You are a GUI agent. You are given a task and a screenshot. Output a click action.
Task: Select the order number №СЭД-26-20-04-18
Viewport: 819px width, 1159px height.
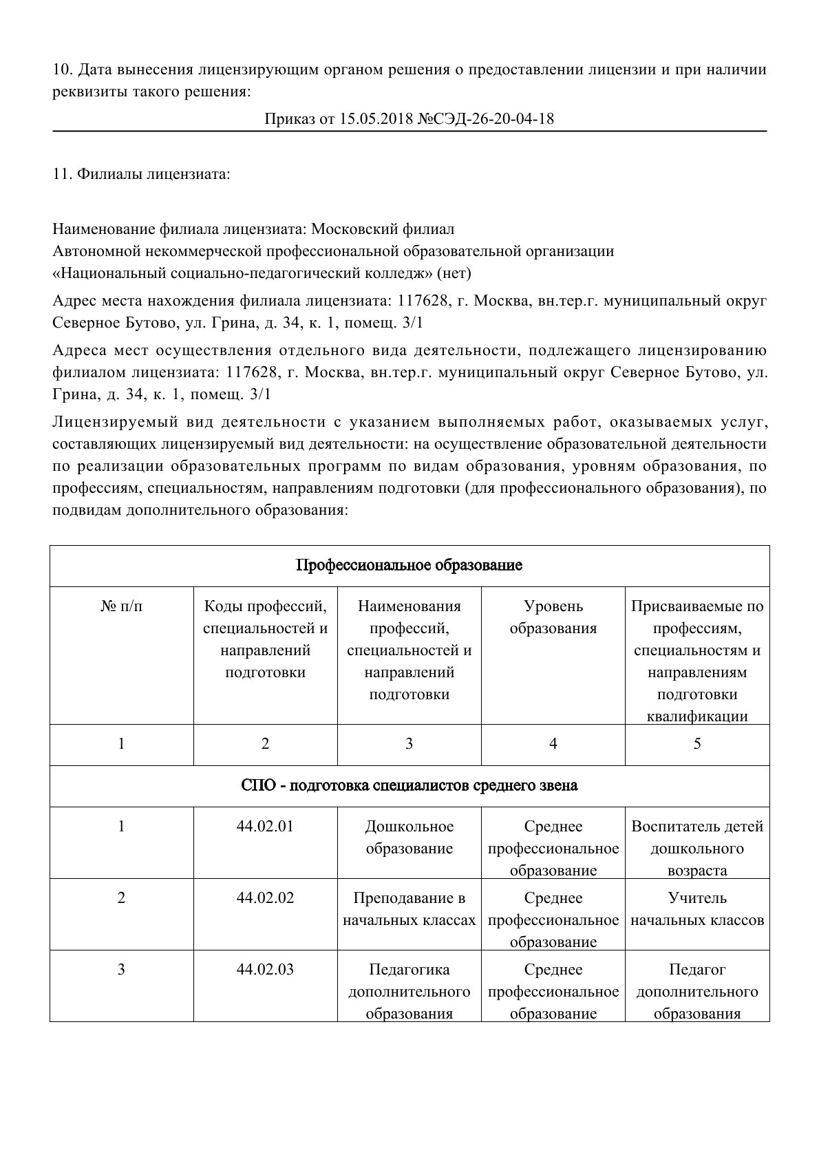pyautogui.click(x=485, y=119)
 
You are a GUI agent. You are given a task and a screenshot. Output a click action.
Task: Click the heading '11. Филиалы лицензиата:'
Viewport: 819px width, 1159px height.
pyautogui.click(x=141, y=174)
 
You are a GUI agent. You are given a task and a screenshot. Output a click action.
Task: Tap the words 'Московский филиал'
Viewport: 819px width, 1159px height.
pyautogui.click(x=383, y=228)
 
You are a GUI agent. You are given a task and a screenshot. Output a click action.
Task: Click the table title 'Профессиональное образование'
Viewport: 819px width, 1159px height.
pyautogui.click(x=409, y=566)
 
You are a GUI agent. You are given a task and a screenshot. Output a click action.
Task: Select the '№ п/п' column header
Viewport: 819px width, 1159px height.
pyautogui.click(x=122, y=606)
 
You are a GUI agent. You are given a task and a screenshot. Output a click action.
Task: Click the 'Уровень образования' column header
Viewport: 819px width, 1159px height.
pyautogui.click(x=553, y=617)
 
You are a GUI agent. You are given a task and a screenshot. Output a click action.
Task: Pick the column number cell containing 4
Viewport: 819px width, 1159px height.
pyautogui.click(x=553, y=744)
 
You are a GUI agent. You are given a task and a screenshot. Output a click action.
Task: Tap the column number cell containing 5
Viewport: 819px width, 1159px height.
pyautogui.click(x=697, y=744)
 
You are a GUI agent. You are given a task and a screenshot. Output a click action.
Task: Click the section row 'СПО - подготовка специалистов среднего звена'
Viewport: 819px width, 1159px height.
pyautogui.click(x=409, y=785)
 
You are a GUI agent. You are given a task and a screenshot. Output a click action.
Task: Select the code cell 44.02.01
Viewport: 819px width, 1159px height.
pyautogui.click(x=265, y=827)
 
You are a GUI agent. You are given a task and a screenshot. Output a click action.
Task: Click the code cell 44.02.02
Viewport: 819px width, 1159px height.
pyautogui.click(x=265, y=898)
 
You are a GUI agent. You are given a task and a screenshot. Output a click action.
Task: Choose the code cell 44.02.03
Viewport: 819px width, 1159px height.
pyautogui.click(x=265, y=970)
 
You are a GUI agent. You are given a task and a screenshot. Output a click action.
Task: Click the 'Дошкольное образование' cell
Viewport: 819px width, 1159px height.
pyautogui.click(x=409, y=838)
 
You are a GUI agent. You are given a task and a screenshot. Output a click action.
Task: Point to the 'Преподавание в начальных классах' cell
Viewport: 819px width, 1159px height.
pyautogui.click(x=409, y=909)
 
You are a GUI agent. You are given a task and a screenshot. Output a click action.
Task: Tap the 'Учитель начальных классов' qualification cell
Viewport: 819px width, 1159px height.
pyautogui.click(x=697, y=909)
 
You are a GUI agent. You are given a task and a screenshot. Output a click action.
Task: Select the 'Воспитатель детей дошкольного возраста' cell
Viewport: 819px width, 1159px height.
pyautogui.click(x=697, y=849)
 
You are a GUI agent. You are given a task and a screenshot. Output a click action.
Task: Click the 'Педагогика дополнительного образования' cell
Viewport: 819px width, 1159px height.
pyautogui.click(x=409, y=992)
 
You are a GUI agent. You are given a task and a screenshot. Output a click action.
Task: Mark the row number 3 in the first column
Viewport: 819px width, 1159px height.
pyautogui.click(x=122, y=970)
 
